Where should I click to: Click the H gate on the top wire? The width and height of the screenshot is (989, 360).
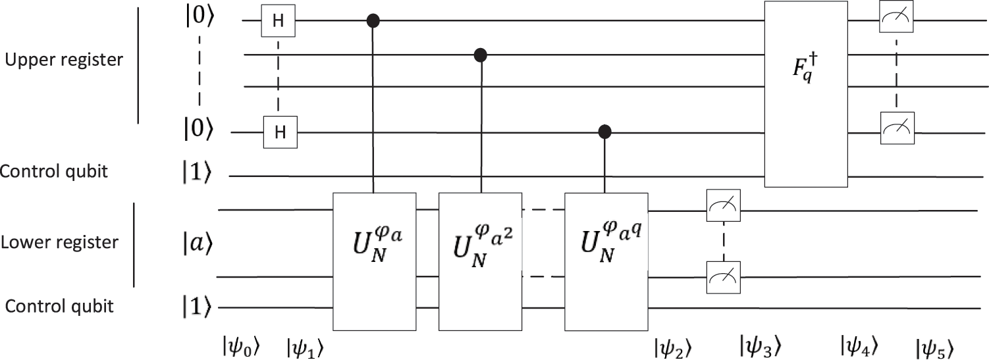point(279,22)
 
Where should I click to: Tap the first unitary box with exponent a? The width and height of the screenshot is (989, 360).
point(375,261)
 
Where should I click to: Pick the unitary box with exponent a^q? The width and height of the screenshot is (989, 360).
point(606,261)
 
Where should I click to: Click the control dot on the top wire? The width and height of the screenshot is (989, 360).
point(375,22)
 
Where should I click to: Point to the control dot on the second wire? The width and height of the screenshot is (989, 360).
point(480,54)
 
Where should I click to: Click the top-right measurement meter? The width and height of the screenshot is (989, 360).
point(896,22)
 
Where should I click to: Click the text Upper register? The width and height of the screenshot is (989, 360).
point(64,60)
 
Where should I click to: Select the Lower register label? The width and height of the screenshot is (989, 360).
point(59,242)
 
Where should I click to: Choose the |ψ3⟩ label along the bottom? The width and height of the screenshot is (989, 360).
point(760,344)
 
